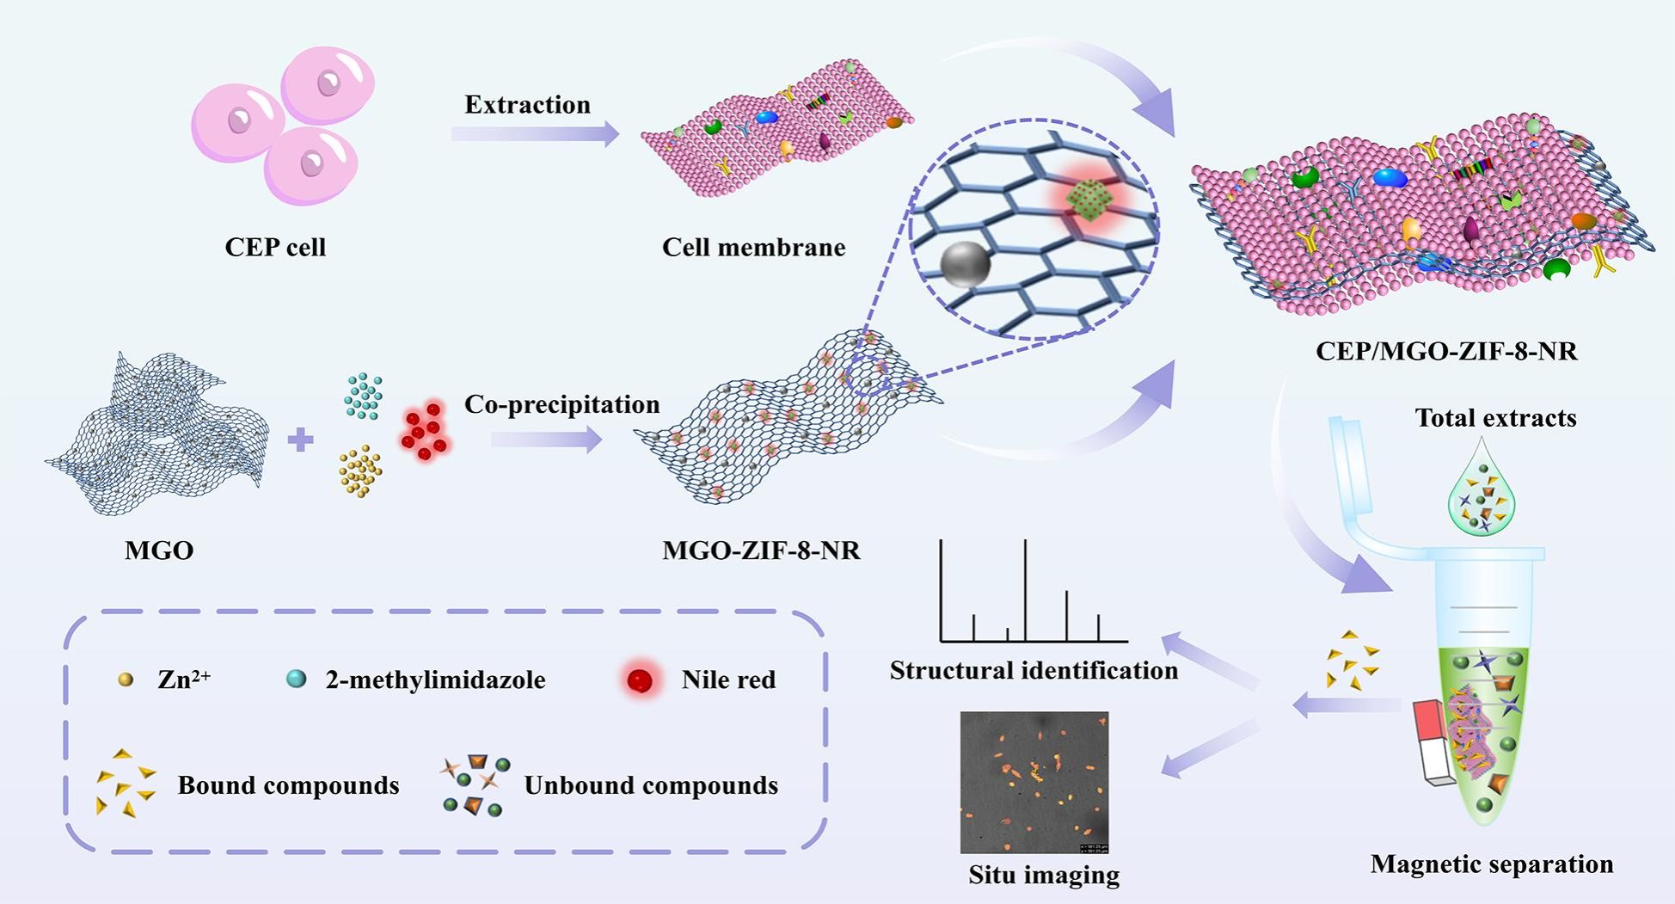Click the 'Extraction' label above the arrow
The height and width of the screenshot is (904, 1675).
coord(527,105)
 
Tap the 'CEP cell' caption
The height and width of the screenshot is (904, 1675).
coord(275,248)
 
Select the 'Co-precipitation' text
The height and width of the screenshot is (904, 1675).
coord(561,404)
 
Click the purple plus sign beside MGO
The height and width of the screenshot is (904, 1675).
coord(300,440)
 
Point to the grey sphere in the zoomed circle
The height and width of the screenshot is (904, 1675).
coord(966,264)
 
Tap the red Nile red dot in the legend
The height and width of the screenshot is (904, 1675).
coord(640,680)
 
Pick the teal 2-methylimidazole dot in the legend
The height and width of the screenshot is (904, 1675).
coord(296,680)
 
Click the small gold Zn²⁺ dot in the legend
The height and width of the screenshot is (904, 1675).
coord(126,680)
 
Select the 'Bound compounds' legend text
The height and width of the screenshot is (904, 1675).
coord(288,785)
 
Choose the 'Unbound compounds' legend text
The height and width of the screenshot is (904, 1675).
coord(651,785)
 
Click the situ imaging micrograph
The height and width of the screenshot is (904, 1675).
coord(1034,782)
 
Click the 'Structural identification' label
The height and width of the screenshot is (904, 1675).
coord(1034,671)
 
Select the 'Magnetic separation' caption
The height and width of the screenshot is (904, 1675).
coord(1491,864)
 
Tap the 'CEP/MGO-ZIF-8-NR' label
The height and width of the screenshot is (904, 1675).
coord(1446,352)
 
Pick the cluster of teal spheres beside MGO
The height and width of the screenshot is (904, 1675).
coord(364,397)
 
